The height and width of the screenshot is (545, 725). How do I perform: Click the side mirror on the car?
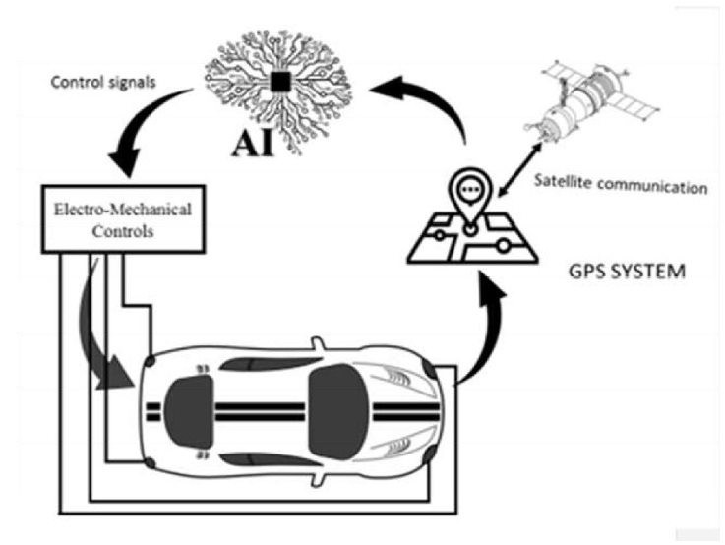click(317, 345)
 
